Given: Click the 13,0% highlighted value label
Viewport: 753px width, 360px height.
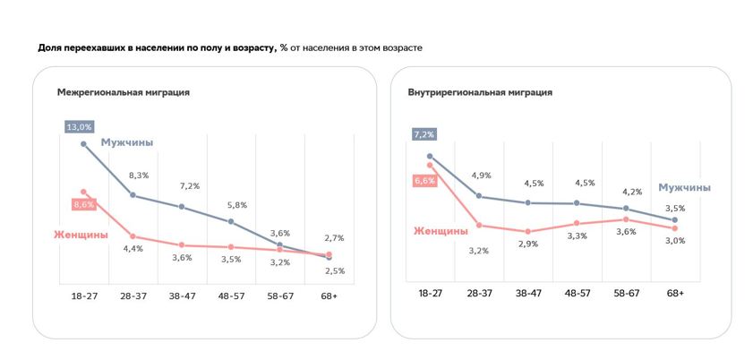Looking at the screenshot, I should click(79, 126).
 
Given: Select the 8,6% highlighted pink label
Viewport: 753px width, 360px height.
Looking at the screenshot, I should click(82, 204).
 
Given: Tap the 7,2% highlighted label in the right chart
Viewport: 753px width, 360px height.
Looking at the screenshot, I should click(424, 134).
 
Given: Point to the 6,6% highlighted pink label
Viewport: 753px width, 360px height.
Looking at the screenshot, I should click(424, 180).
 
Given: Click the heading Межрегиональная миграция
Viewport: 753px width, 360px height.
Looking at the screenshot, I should click(123, 92).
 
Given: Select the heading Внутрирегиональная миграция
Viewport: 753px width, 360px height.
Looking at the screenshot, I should click(480, 92).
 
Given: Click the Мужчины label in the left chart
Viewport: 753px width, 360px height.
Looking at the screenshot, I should click(126, 142).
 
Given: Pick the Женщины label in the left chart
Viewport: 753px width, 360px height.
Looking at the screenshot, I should click(81, 235).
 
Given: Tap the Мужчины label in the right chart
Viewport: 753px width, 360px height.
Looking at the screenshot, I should click(684, 187).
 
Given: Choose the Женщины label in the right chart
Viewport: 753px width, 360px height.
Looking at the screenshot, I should click(441, 230).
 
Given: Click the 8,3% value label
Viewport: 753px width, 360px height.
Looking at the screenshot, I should click(138, 176).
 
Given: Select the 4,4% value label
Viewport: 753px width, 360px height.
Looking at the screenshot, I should click(133, 248).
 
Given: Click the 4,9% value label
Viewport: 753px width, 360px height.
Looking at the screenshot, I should click(480, 176).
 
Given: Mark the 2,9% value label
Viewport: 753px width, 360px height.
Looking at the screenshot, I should click(527, 244).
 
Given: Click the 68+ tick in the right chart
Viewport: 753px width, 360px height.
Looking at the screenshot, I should click(674, 293).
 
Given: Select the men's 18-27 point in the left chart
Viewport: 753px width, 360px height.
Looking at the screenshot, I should click(84, 143).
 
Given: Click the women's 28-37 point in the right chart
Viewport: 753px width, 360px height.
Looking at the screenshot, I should click(479, 225).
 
